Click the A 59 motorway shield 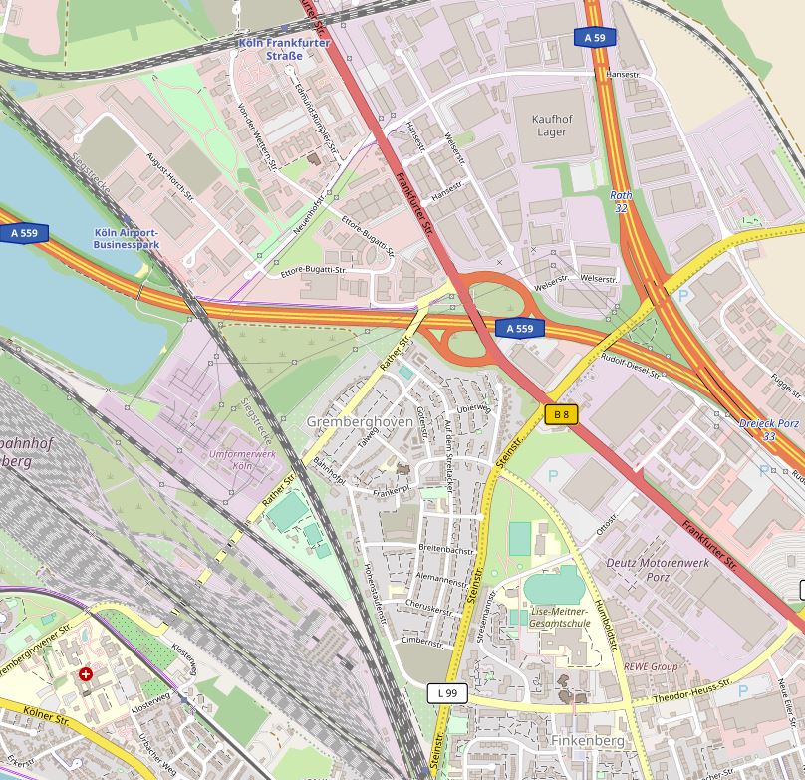point(595,38)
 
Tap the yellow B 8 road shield point(562,414)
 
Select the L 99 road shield point(447,692)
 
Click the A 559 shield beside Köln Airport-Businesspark point(25,234)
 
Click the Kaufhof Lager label point(551,126)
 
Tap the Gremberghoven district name point(359,422)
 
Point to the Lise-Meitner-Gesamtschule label point(561,617)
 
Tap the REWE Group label point(651,666)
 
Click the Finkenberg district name point(587,741)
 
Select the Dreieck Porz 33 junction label point(769,429)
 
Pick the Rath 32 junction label point(621,202)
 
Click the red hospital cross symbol point(86,674)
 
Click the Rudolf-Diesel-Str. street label point(631,365)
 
